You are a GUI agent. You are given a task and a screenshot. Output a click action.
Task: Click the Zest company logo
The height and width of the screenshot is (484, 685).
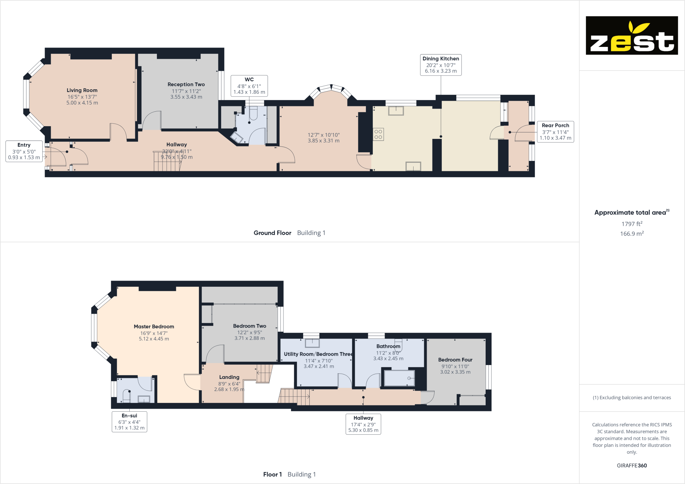click(x=632, y=35)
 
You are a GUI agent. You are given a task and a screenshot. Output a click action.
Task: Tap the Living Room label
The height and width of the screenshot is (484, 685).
click(x=82, y=90)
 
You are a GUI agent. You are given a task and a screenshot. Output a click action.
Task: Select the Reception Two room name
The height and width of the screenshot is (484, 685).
click(x=186, y=84)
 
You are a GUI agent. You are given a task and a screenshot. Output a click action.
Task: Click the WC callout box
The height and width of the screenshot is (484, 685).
click(x=249, y=86)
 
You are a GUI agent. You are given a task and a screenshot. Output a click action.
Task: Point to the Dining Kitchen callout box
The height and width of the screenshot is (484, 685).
click(x=440, y=65)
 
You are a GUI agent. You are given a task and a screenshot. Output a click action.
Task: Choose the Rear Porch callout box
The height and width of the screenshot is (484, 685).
click(x=555, y=131)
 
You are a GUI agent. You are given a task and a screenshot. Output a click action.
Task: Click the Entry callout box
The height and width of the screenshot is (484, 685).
click(x=24, y=151)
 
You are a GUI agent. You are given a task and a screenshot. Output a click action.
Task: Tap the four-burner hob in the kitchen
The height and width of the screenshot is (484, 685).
click(x=378, y=134)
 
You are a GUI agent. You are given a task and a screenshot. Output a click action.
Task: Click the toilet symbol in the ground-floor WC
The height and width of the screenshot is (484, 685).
click(x=254, y=113)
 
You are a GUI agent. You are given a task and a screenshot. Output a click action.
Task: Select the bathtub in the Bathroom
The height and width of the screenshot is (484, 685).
click(x=399, y=378)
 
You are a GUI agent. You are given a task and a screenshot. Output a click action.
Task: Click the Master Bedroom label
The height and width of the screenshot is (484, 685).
click(x=154, y=326)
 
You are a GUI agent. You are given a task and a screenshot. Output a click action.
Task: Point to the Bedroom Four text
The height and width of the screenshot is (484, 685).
click(x=455, y=360)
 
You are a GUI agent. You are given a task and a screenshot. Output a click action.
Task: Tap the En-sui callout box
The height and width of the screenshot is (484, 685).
click(x=129, y=422)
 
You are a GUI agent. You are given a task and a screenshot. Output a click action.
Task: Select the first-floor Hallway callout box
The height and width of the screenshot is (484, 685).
click(x=363, y=424)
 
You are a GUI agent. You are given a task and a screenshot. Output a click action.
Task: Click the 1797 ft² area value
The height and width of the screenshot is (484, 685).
click(x=632, y=224)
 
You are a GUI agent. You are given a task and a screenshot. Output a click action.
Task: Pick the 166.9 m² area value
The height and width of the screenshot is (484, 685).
click(x=632, y=234)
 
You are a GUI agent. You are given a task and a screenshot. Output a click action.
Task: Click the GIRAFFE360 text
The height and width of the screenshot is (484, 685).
click(x=632, y=465)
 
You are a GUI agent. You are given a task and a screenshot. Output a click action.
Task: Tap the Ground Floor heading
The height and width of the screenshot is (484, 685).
click(x=272, y=233)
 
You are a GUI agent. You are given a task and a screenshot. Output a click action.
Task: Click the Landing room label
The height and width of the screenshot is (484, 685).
click(x=229, y=377)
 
